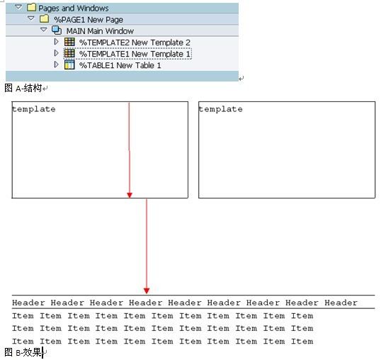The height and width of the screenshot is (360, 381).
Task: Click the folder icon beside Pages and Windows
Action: [x=31, y=7]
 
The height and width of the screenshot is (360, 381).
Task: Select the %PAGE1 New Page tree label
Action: [x=89, y=19]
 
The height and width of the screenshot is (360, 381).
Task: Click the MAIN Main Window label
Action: [x=100, y=31]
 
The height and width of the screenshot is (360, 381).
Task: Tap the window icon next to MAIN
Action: [x=57, y=30]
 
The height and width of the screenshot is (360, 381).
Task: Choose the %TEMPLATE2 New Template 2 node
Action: [x=135, y=43]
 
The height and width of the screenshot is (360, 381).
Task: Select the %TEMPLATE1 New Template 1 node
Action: [x=135, y=54]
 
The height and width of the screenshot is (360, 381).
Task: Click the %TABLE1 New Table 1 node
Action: [x=120, y=65]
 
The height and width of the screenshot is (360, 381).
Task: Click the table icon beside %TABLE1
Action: [x=69, y=65]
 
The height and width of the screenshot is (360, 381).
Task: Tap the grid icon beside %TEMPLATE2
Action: [x=69, y=42]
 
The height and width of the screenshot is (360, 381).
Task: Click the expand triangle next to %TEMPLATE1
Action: [x=56, y=53]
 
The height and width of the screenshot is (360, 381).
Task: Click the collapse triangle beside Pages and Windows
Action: [x=18, y=7]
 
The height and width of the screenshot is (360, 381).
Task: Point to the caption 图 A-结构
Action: [x=23, y=88]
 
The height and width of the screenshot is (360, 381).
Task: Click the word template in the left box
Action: [x=34, y=109]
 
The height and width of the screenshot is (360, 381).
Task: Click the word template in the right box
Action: [x=220, y=109]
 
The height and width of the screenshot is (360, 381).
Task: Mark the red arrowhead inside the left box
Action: [x=130, y=195]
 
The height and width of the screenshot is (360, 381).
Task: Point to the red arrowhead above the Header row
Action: [x=147, y=291]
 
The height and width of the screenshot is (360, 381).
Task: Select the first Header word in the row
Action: [x=28, y=303]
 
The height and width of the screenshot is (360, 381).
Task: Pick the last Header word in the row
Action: [x=341, y=303]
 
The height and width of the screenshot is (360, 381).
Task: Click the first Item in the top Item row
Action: [x=23, y=316]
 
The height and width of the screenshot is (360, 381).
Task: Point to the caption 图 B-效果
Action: [x=23, y=352]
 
